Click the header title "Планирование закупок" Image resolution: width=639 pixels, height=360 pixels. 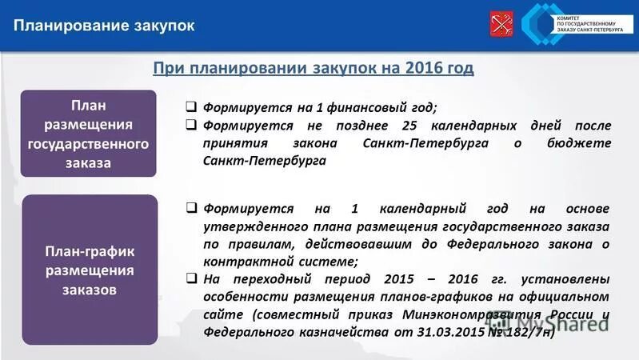pyautogui.click(x=103, y=26)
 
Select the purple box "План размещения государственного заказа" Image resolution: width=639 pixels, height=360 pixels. pyautogui.click(x=88, y=134)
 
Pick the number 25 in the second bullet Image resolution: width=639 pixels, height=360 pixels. pyautogui.click(x=412, y=126)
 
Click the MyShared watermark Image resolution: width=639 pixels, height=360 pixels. pyautogui.click(x=560, y=320)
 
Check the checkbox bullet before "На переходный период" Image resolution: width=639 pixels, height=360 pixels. pyautogui.click(x=192, y=279)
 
